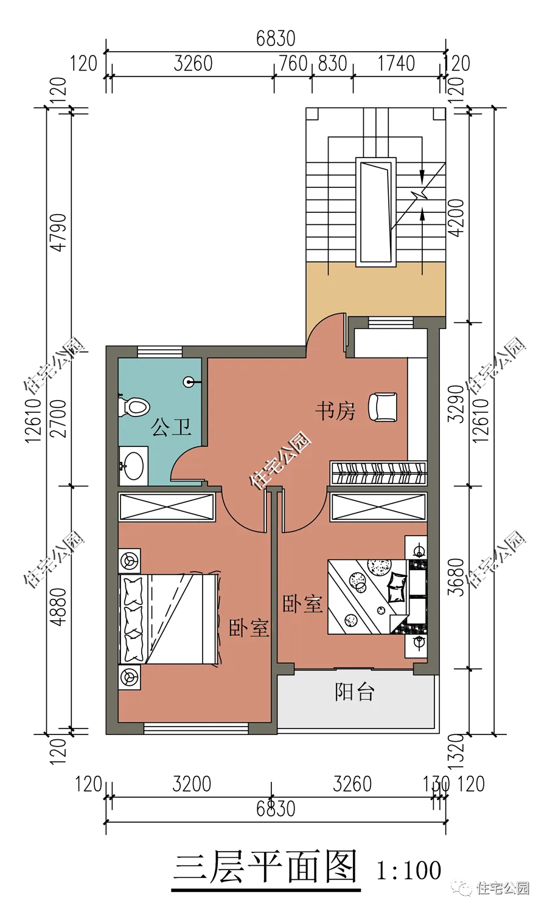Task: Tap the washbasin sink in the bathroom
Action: (133, 466)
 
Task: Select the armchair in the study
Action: (383, 407)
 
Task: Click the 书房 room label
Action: (335, 411)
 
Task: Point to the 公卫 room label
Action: (171, 427)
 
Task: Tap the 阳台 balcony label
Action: (354, 692)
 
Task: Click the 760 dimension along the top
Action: (293, 63)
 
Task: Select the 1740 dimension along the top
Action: (396, 63)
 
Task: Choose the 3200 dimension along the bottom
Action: (192, 784)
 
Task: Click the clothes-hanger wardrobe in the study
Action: (378, 472)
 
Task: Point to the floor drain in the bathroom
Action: (189, 382)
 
